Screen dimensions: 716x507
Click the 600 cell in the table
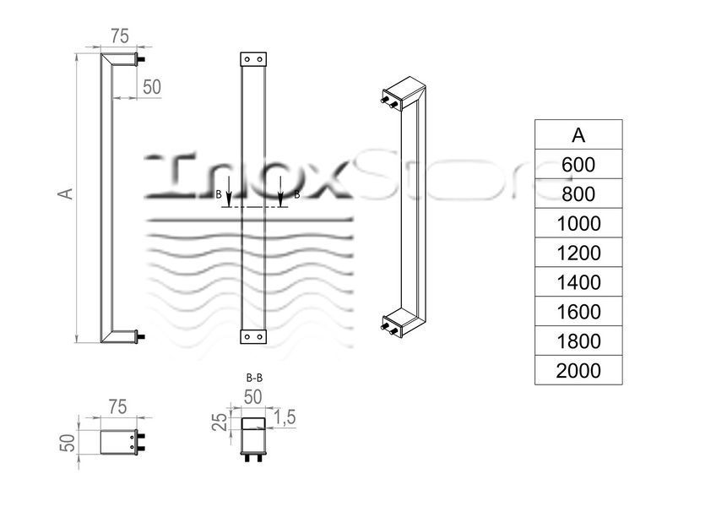point(578,164)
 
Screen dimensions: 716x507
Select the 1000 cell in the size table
point(578,223)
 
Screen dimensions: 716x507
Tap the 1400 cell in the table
point(578,282)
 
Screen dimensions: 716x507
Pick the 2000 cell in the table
point(578,370)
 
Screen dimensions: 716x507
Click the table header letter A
point(578,135)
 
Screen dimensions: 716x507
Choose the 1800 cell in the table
point(578,341)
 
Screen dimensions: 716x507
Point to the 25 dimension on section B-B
point(220,422)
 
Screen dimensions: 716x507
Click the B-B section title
point(254,378)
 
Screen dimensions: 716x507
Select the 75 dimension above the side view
point(120,36)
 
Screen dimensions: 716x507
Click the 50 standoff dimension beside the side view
point(152,87)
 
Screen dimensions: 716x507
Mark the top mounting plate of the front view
point(253,59)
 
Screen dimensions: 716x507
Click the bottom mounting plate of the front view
point(253,336)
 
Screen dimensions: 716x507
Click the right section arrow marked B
point(280,196)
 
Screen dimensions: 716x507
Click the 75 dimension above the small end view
point(118,406)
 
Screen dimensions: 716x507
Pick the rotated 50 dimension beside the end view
point(68,443)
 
